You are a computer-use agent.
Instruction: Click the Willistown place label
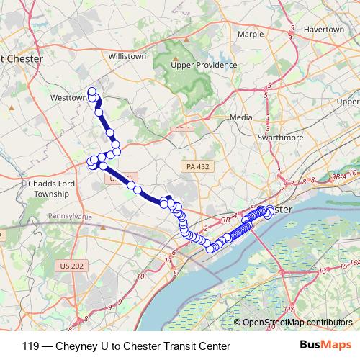[127, 55]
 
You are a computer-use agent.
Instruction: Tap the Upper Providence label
[204, 65]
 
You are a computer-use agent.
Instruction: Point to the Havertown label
[325, 30]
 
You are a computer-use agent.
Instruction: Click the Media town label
[240, 117]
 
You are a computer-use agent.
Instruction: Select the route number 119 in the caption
[31, 346]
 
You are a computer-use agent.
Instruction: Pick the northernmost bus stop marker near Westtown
[91, 91]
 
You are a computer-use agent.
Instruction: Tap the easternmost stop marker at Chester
[270, 211]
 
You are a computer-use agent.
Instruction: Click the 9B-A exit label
[339, 176]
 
